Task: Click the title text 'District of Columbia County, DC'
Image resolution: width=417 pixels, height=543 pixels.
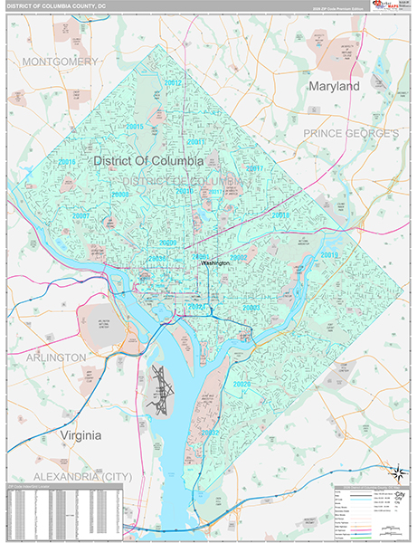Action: (x=54, y=5)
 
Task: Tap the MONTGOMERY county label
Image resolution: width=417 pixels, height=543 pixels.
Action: (x=60, y=62)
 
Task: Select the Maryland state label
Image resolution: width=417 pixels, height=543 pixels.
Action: (x=334, y=86)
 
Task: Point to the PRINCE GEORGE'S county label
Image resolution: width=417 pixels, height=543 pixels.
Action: (x=350, y=133)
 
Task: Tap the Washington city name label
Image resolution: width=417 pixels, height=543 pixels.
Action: (x=215, y=263)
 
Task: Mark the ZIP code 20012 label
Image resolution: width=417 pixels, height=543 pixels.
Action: (x=174, y=83)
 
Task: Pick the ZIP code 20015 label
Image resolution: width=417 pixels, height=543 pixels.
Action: (x=134, y=127)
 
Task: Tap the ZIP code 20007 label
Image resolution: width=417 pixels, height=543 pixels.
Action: (x=81, y=217)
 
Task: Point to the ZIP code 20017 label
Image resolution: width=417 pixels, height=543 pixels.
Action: (x=254, y=168)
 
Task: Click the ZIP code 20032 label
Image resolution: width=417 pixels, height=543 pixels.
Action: (x=210, y=433)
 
